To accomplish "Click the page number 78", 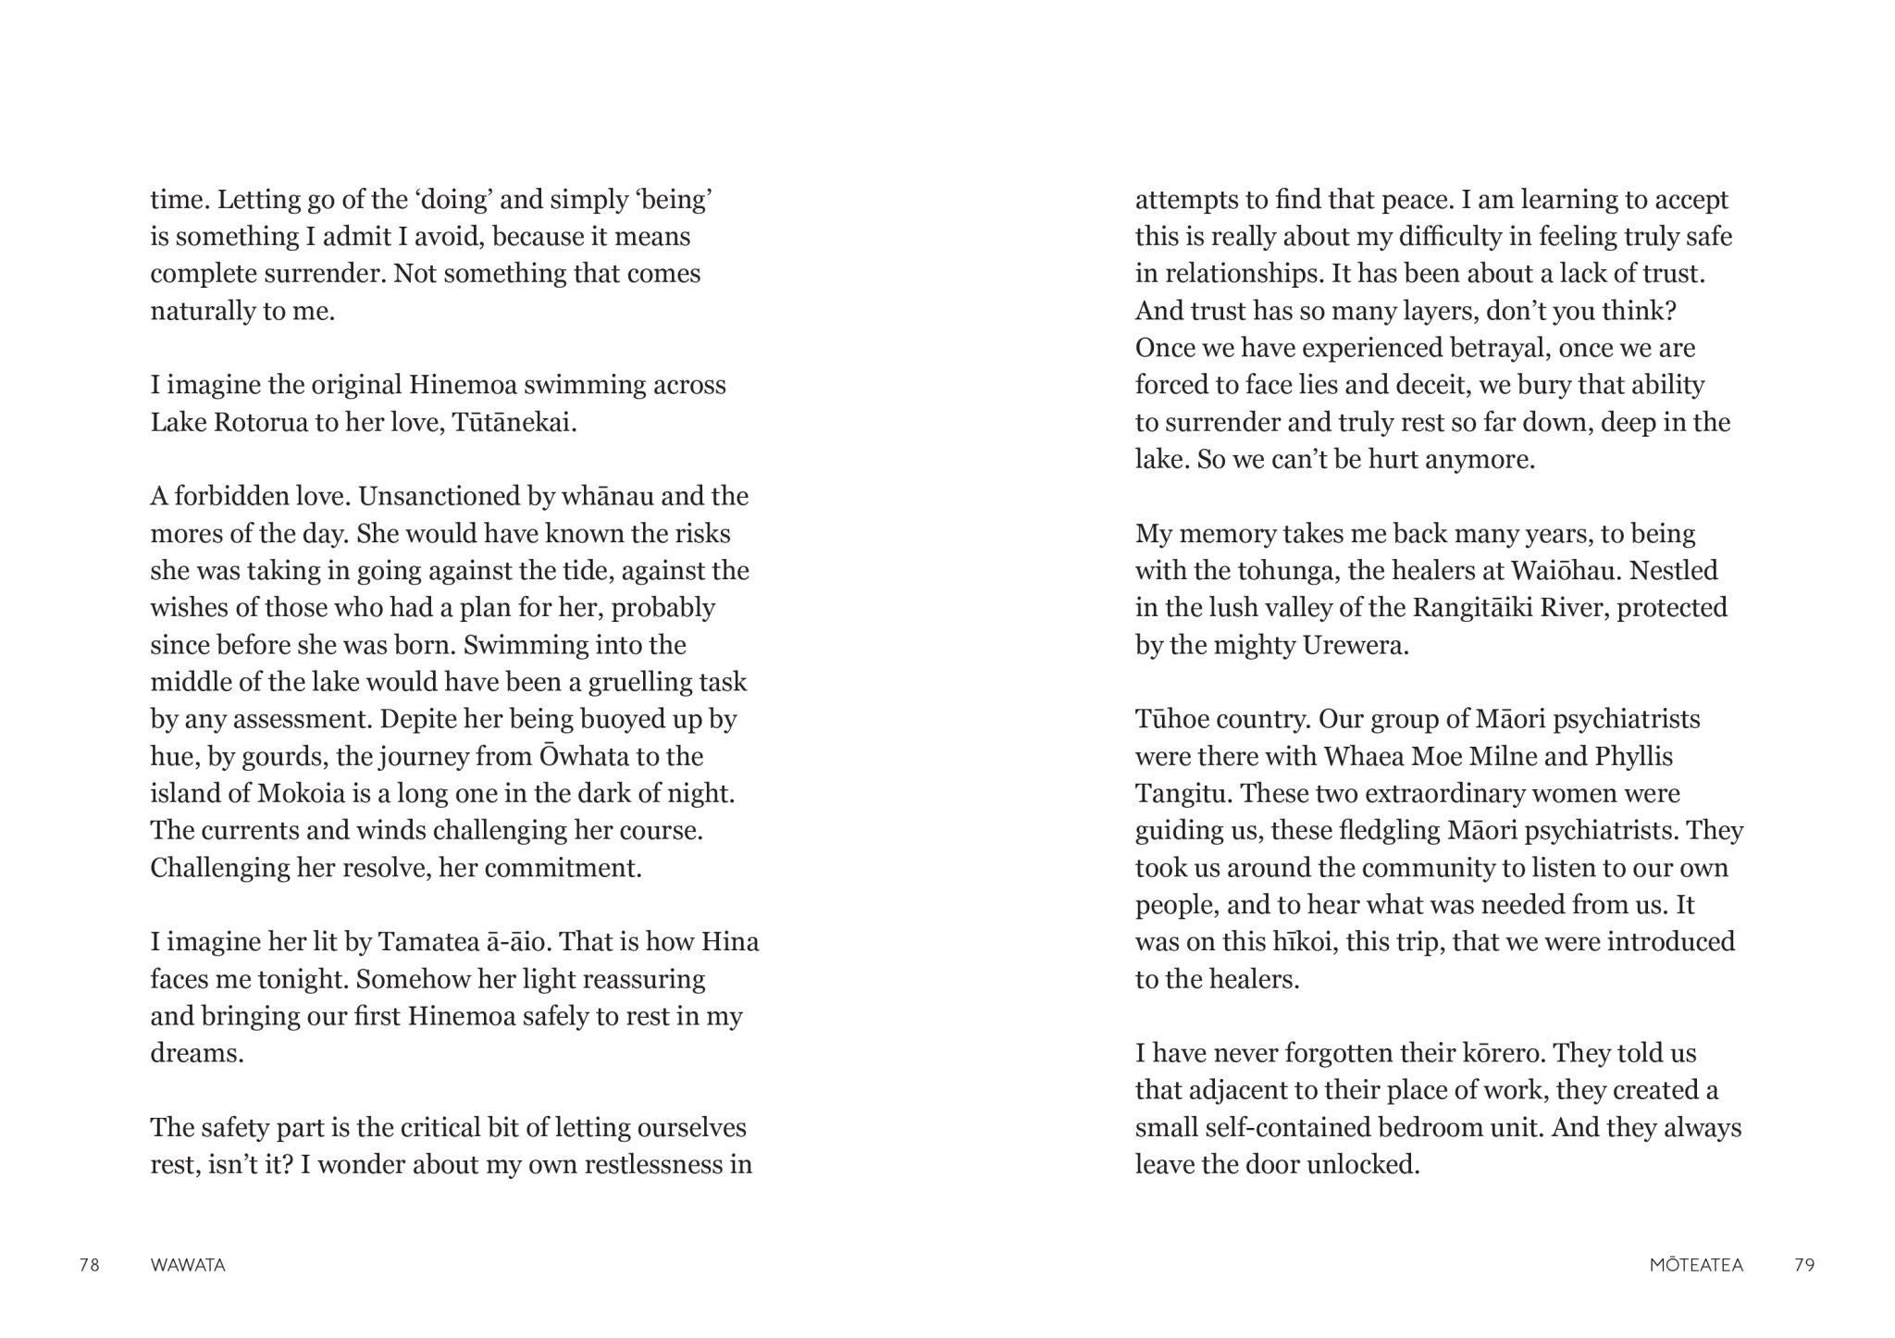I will (90, 1265).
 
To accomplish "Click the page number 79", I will (1804, 1265).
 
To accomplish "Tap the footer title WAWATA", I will (188, 1265).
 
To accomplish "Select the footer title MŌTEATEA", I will (1696, 1265).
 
